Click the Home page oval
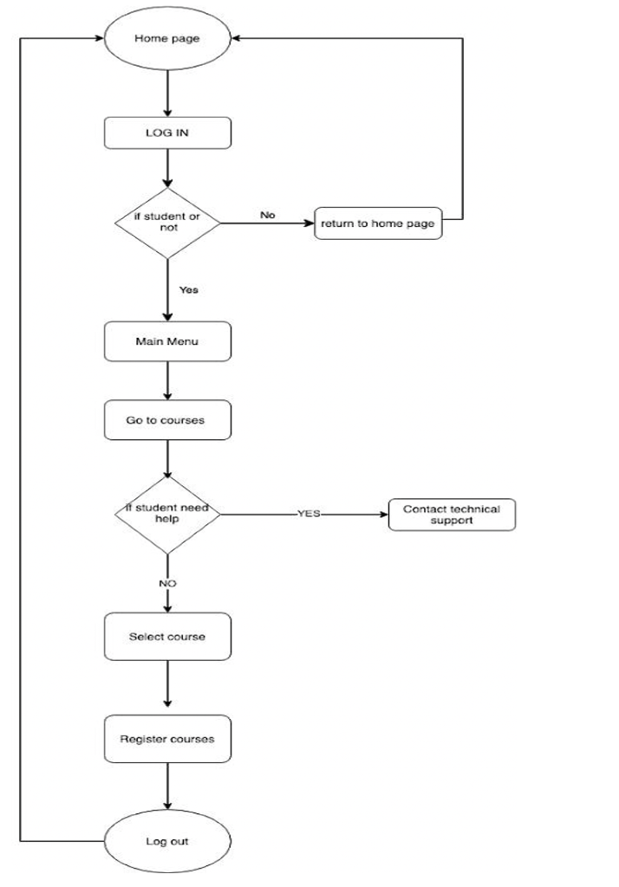pyautogui.click(x=167, y=39)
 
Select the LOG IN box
pyautogui.click(x=167, y=133)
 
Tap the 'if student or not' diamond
pyautogui.click(x=167, y=223)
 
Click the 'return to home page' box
pyautogui.click(x=377, y=223)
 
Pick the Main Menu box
pyautogui.click(x=167, y=341)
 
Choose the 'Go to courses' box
pyautogui.click(x=167, y=419)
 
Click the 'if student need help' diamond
pyautogui.click(x=167, y=514)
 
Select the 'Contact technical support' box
pyautogui.click(x=452, y=515)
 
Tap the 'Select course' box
pyautogui.click(x=167, y=637)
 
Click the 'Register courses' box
pyautogui.click(x=167, y=739)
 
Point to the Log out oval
pyautogui.click(x=167, y=841)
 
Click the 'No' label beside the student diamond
pyautogui.click(x=268, y=215)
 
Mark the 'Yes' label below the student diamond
pyautogui.click(x=188, y=290)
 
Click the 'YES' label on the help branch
pyautogui.click(x=309, y=514)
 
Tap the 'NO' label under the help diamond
pyautogui.click(x=167, y=584)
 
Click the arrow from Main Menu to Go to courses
pyautogui.click(x=167, y=380)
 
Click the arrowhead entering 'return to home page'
pyautogui.click(x=307, y=223)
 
